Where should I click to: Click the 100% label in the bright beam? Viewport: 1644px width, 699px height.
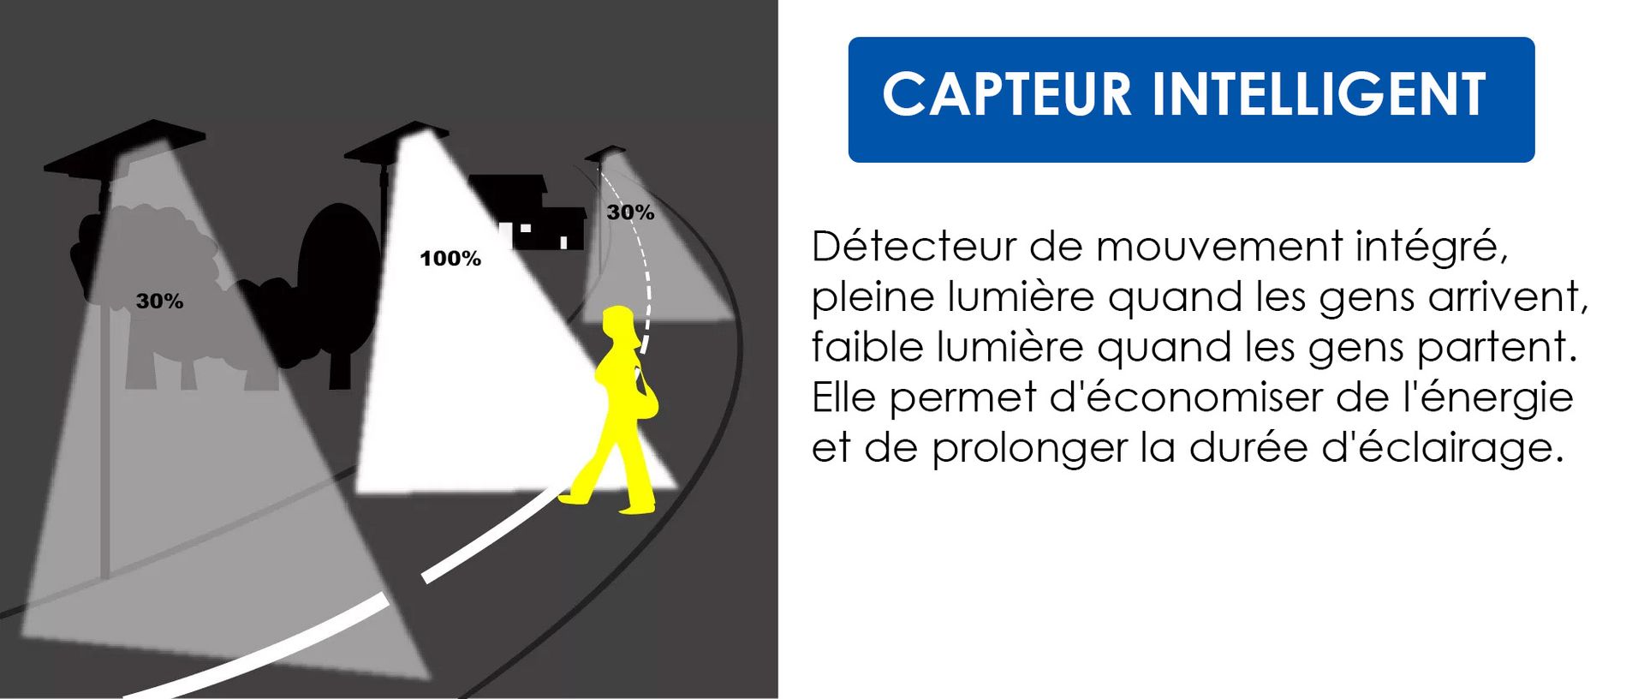pos(450,259)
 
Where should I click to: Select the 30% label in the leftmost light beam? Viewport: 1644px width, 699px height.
pos(159,301)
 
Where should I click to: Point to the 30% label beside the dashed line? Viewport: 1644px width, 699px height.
pos(630,212)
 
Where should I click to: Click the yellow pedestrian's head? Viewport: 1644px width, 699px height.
pos(620,325)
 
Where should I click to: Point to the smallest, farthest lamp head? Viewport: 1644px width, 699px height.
pos(605,154)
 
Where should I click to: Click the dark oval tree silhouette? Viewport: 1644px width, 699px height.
pos(339,274)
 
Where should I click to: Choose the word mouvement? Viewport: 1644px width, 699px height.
pos(1219,248)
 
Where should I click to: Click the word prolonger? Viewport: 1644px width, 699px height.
pos(1029,448)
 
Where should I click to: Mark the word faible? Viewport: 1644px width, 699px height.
pos(867,347)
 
